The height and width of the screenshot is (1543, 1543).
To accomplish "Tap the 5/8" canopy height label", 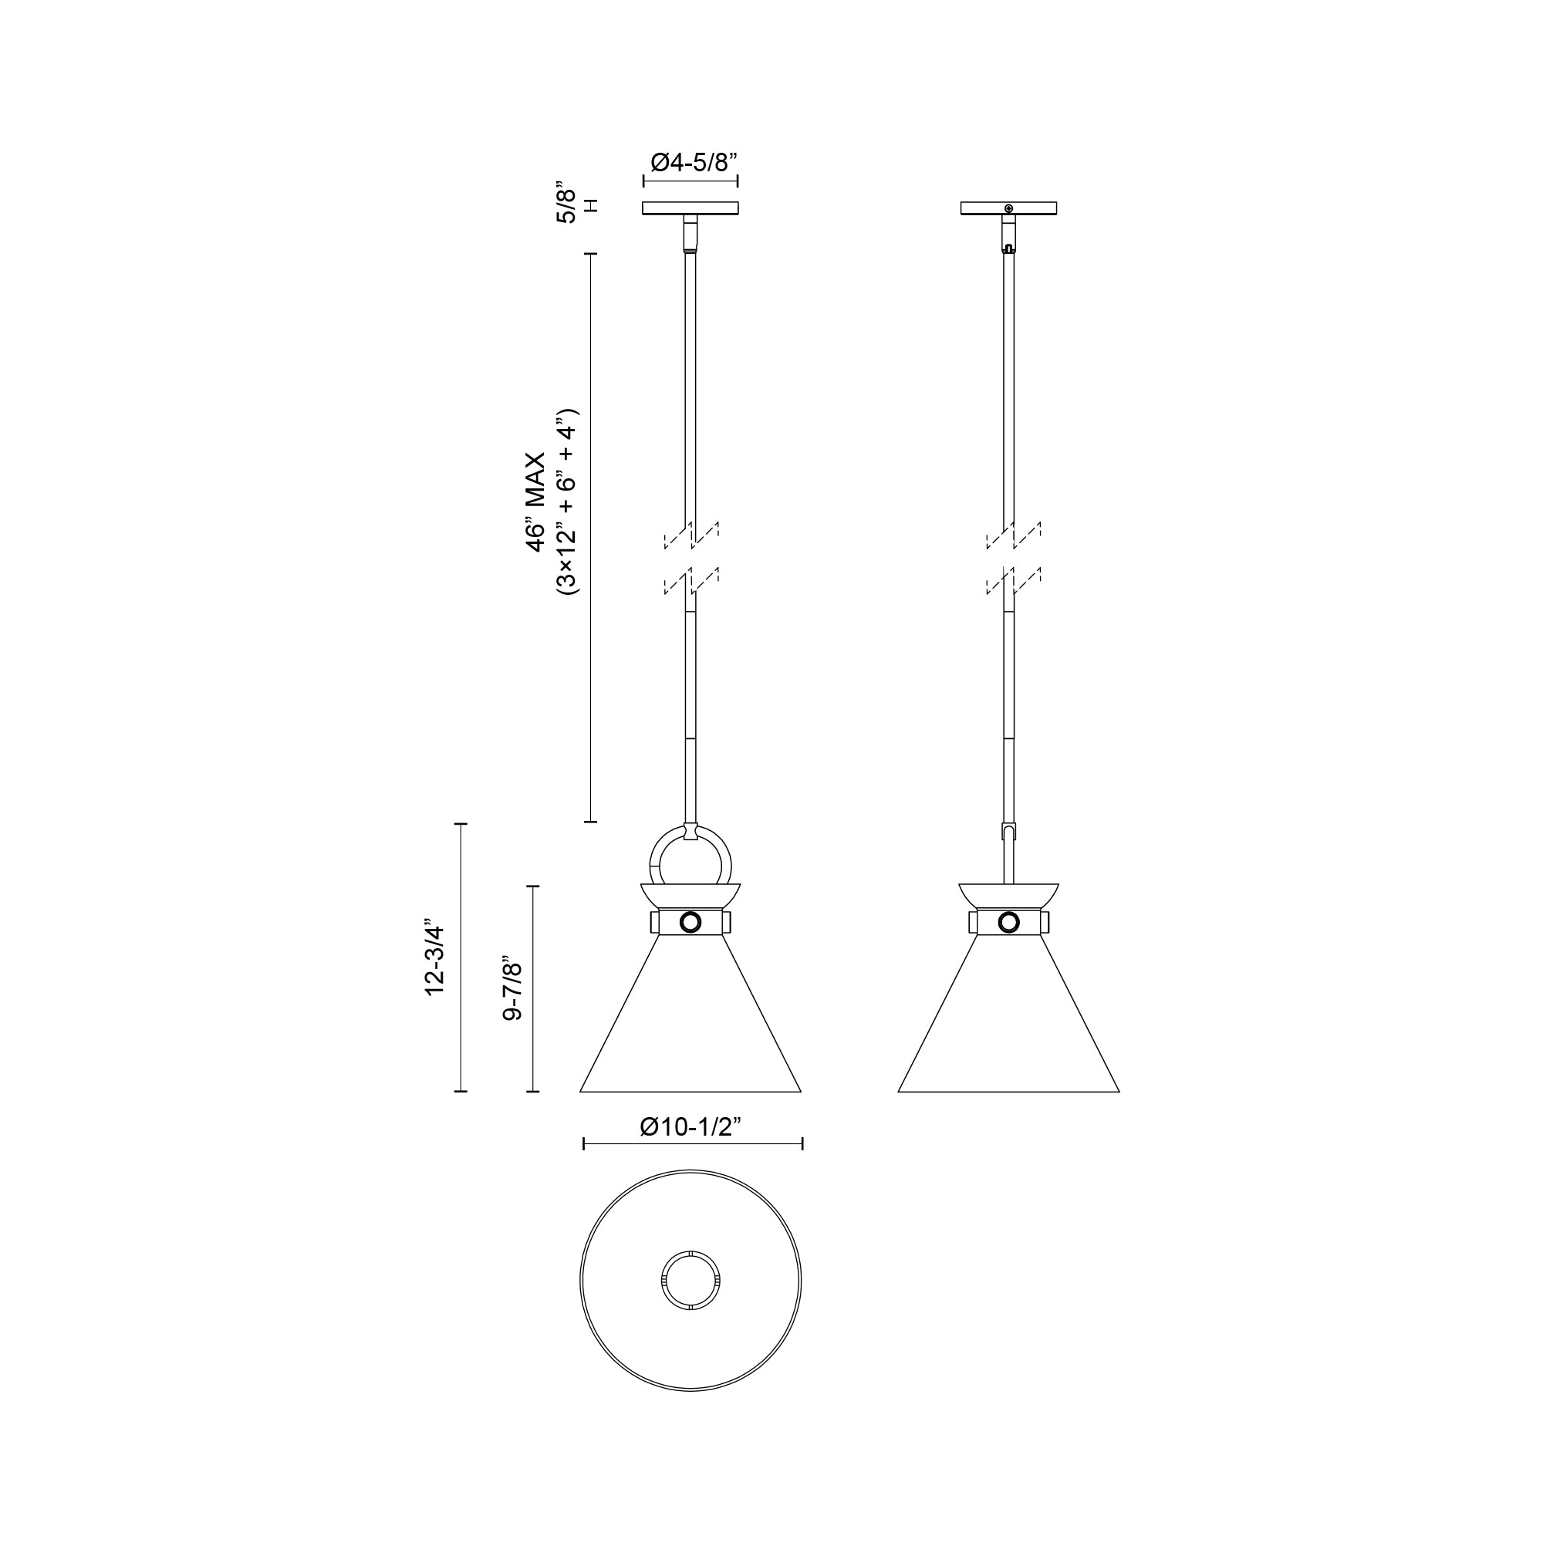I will [x=566, y=205].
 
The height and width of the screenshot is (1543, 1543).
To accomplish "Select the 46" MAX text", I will [x=535, y=501].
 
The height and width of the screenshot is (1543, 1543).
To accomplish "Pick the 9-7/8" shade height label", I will [x=512, y=991].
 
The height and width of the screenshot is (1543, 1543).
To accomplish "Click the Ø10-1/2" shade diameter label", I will [x=691, y=1126].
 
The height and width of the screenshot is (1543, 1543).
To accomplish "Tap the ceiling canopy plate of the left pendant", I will [x=690, y=208].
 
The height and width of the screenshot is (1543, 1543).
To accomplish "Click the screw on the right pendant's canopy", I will [x=1009, y=208].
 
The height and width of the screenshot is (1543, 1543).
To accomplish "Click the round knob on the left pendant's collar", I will [x=690, y=923].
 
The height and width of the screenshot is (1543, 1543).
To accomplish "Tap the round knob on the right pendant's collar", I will [x=1009, y=923].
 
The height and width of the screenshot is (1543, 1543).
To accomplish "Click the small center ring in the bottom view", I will [x=690, y=1281].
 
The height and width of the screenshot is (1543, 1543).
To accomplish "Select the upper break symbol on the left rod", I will [x=691, y=535].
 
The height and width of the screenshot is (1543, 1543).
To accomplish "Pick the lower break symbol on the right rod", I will [x=1013, y=582].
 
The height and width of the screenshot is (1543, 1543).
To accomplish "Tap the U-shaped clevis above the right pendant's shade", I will [x=1009, y=833].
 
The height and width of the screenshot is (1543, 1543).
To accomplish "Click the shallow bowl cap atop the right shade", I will [x=1008, y=895].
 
